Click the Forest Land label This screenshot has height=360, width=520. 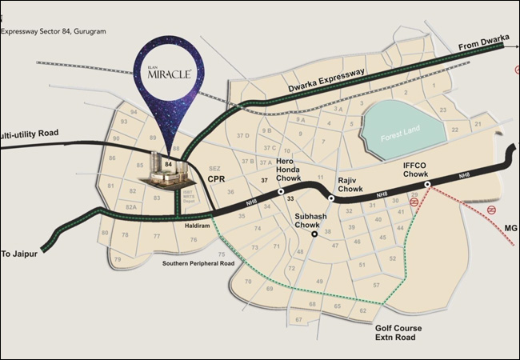click(x=402, y=135)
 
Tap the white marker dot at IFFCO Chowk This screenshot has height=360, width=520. click(x=428, y=184)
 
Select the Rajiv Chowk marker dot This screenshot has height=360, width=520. click(x=331, y=198)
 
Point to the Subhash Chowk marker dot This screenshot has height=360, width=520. click(x=315, y=234)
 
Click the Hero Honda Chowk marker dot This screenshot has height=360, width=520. click(x=281, y=192)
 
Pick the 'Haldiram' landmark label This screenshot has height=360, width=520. click(x=198, y=225)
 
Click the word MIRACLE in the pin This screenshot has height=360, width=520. click(x=168, y=75)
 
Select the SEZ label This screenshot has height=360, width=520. click(x=214, y=168)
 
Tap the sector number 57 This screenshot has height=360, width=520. click(x=376, y=285)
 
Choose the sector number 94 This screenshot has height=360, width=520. click(x=134, y=113)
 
